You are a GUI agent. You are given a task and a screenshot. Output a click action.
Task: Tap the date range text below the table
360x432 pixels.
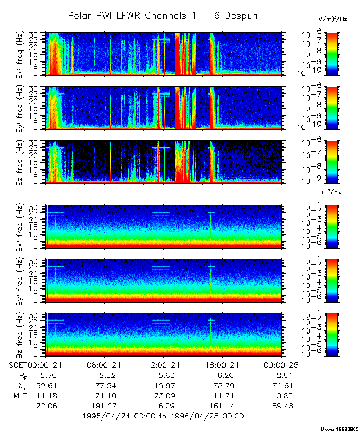click(163, 416)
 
